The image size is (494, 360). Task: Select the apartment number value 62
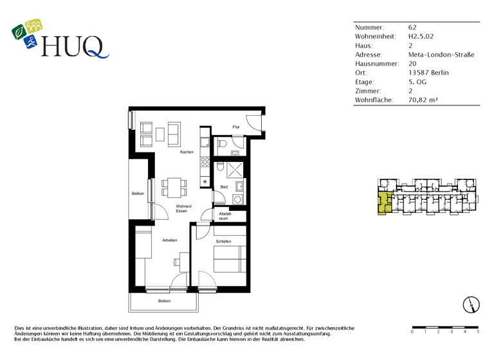click(x=412, y=28)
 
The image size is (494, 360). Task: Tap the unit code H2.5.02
click(x=421, y=37)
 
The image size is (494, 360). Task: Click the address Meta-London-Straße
click(x=441, y=55)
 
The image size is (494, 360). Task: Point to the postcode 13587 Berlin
click(x=428, y=73)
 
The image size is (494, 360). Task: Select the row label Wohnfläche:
click(x=374, y=100)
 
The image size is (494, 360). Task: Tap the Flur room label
click(x=237, y=127)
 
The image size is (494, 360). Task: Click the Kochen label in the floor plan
click(x=187, y=152)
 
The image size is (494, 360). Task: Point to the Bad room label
click(x=224, y=187)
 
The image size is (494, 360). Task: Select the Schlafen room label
click(x=223, y=241)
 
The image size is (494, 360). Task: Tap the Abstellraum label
click(x=224, y=215)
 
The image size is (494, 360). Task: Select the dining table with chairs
click(x=174, y=186)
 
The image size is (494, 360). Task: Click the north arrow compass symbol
click(x=471, y=305)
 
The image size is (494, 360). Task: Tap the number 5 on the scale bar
click(x=477, y=332)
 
